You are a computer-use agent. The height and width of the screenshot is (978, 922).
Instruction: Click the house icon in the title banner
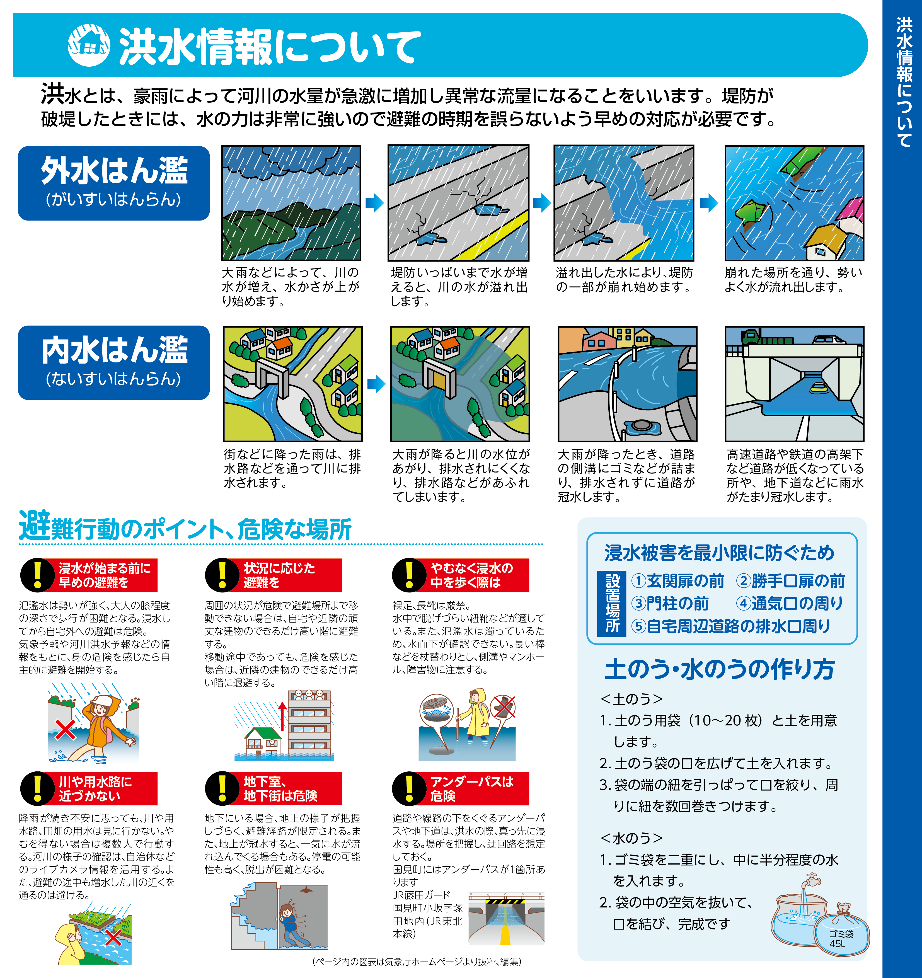(x=89, y=45)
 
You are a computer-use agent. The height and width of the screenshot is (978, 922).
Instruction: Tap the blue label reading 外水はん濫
(x=114, y=183)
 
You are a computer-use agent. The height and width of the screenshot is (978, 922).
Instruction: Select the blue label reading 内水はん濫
(x=114, y=363)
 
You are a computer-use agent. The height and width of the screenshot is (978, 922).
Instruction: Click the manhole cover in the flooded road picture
(x=641, y=425)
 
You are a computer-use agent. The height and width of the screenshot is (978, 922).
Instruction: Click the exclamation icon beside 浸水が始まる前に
(x=37, y=575)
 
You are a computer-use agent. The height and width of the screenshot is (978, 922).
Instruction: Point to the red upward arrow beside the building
(x=282, y=716)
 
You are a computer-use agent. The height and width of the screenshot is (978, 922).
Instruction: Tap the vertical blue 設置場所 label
(x=612, y=604)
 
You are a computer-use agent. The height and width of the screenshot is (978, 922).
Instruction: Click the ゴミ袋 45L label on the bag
(x=841, y=939)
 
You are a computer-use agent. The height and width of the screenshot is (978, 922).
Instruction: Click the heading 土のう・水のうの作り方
(x=720, y=669)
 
